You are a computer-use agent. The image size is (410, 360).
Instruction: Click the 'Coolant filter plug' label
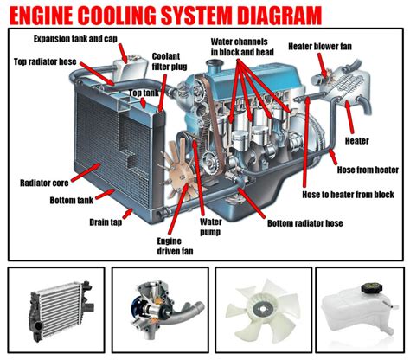click(166, 61)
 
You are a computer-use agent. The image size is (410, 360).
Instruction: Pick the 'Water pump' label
click(211, 226)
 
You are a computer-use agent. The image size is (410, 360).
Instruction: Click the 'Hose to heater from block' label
click(348, 195)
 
